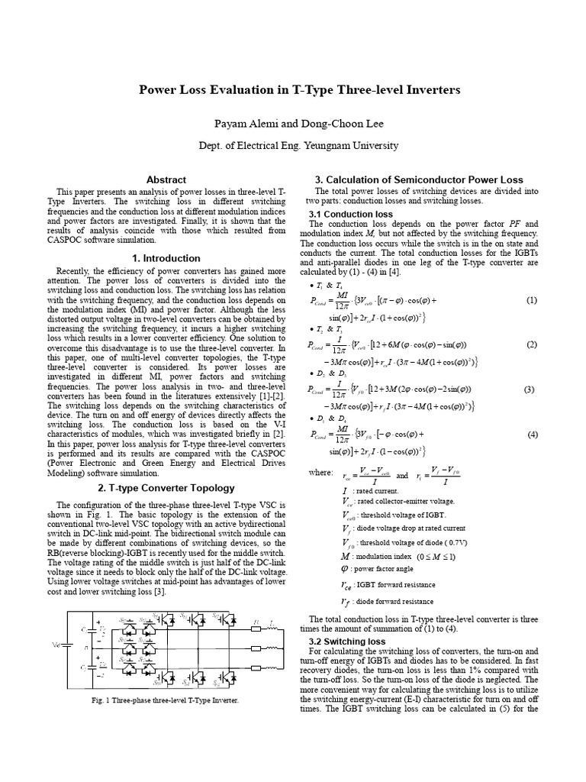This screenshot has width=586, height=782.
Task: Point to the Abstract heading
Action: [166, 179]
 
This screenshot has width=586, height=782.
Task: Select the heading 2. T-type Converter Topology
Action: [166, 488]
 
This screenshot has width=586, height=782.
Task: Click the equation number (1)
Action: [532, 301]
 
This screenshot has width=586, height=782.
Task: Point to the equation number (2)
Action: [532, 344]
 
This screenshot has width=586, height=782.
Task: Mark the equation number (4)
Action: [532, 435]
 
